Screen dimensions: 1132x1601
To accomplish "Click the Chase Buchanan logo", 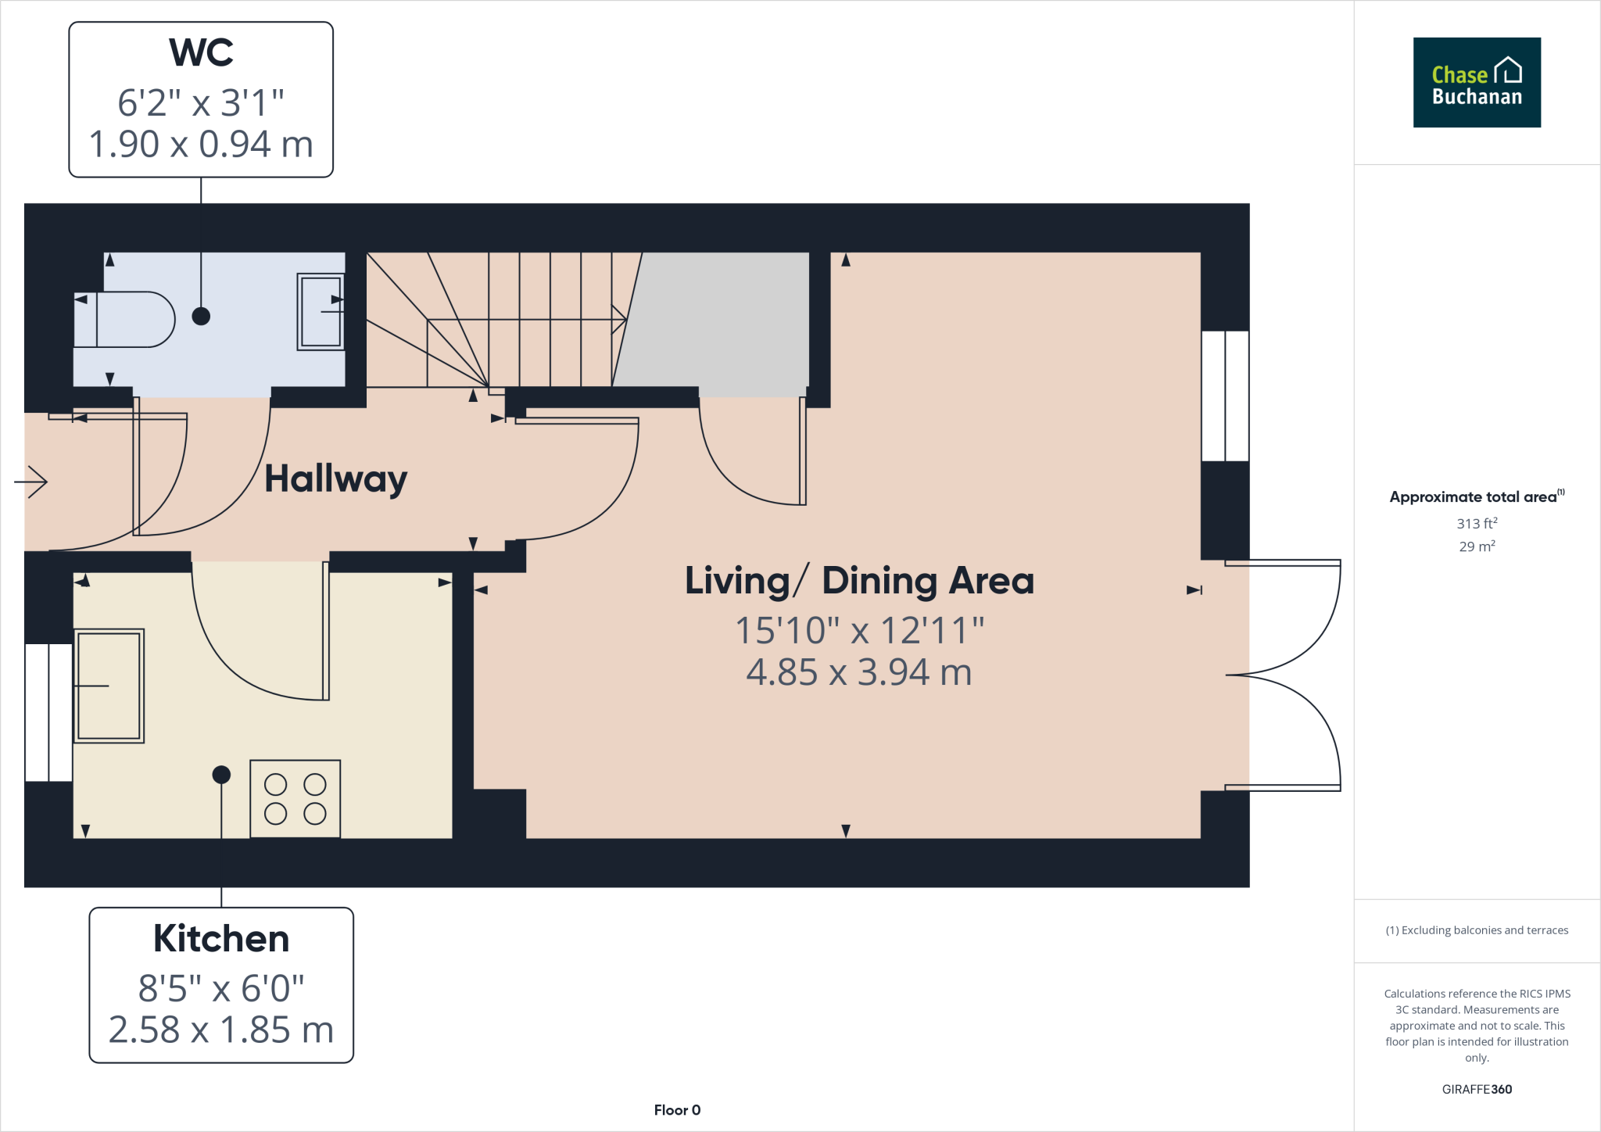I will tap(1476, 82).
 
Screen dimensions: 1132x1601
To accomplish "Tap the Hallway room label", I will tap(335, 478).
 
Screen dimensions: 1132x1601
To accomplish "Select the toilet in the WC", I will tap(125, 319).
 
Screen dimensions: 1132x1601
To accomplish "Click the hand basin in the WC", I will tap(321, 311).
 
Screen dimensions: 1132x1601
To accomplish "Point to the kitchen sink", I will tap(109, 686).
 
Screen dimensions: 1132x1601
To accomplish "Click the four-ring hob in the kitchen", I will tap(295, 798).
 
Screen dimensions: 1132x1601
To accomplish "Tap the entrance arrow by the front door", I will tap(31, 482).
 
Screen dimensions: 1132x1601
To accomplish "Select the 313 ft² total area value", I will tap(1476, 523).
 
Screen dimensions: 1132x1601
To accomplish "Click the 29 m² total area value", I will tap(1476, 546).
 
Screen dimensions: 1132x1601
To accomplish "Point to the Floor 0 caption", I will tap(677, 1110).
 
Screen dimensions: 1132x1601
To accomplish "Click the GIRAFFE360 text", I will tap(1476, 1089).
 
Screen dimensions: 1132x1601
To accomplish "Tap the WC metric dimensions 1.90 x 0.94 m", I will tap(201, 145).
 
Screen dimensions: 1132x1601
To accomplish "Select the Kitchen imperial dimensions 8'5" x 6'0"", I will tap(220, 989).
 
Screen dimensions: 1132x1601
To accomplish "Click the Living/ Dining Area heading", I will tap(858, 581).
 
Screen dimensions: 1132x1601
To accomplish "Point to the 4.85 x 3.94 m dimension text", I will tap(858, 672).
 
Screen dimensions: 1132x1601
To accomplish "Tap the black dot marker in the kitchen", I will tap(221, 775).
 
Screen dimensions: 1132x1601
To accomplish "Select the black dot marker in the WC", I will tap(201, 316).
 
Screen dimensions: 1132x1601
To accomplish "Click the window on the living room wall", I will tap(1224, 396).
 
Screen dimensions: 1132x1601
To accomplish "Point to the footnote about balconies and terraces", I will tap(1476, 930).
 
